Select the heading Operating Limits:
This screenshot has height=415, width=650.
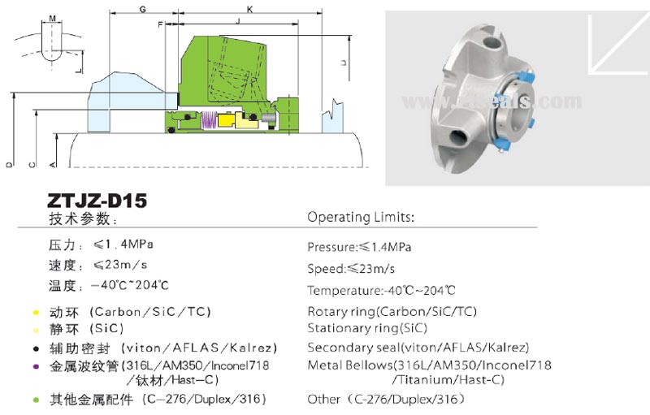361,218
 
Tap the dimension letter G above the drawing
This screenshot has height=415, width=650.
143,9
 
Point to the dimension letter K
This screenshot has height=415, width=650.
249,9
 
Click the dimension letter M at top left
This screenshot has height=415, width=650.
53,17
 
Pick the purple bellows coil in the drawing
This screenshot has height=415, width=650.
206,119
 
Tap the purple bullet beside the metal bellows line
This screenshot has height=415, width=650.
36,366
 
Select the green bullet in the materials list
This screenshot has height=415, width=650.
36,400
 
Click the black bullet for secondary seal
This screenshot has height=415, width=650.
36,347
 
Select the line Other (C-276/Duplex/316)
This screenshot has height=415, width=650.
386,400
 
